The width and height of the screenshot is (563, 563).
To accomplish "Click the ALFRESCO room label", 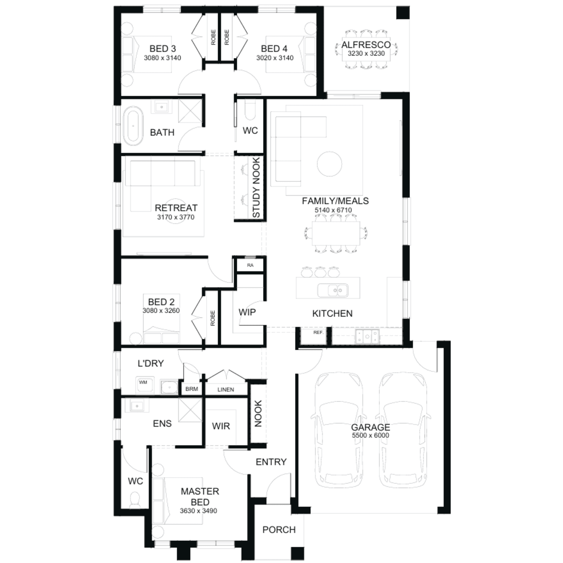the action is [366, 45].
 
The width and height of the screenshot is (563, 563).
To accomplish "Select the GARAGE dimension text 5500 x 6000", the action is [370, 435].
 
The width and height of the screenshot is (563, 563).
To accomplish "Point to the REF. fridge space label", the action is [318, 333].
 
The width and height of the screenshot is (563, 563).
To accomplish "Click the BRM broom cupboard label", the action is [191, 389].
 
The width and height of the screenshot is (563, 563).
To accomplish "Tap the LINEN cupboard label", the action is [226, 390].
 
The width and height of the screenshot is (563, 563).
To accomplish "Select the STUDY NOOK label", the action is [256, 187].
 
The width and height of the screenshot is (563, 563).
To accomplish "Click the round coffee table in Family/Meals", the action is [330, 164].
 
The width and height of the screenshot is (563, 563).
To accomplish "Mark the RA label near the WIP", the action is [250, 265].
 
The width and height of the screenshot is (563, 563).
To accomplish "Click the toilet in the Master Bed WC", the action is [134, 499].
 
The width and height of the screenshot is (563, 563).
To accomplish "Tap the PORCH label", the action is [279, 530].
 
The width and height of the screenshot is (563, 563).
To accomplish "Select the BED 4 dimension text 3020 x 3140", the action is [275, 58].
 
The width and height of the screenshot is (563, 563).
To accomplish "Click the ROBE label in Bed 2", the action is [212, 318].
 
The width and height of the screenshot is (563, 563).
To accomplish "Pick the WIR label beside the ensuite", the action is [221, 426].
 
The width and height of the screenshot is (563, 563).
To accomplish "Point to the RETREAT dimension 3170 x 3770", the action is [176, 217].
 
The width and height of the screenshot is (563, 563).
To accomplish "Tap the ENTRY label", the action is [271, 462].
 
